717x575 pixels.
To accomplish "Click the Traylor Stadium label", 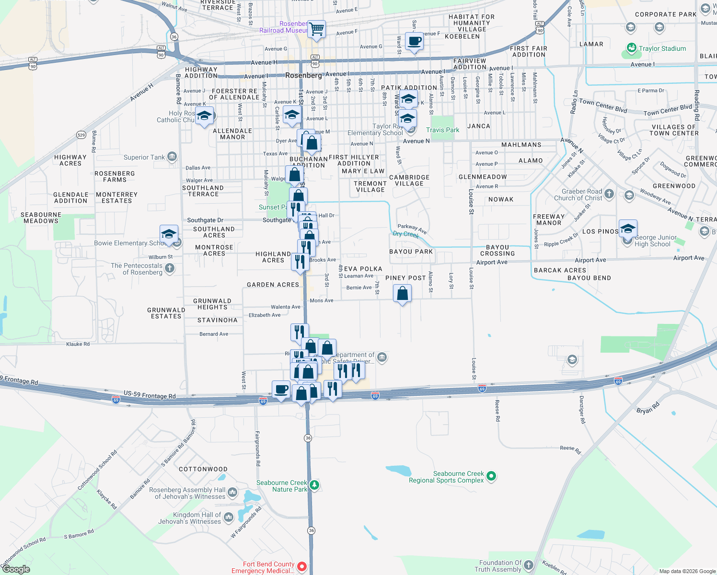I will tap(662, 48).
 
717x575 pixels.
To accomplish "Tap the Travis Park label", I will tap(442, 130).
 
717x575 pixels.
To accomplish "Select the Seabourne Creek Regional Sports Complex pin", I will tap(491, 476).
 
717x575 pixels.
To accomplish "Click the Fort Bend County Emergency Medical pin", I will tap(302, 567).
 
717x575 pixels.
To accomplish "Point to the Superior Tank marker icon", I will tap(172, 157).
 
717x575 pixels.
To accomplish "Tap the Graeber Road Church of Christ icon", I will tap(609, 194).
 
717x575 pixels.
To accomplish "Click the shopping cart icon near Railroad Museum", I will tap(316, 29).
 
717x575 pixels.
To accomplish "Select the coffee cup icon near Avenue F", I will tap(414, 41).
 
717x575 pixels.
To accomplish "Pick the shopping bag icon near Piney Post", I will tap(402, 293).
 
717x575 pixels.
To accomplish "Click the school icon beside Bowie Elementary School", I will tap(169, 234).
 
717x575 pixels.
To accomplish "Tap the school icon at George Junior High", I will tap(627, 229).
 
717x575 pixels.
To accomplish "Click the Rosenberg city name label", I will tap(303, 76).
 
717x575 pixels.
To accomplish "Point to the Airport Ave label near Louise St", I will tap(492, 263).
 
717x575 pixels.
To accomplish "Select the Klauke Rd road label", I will tap(78, 344).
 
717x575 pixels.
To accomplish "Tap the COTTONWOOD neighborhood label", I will tap(203, 469).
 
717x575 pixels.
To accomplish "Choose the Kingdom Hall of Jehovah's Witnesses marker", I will tap(229, 517).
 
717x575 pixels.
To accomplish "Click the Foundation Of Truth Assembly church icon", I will tap(529, 565).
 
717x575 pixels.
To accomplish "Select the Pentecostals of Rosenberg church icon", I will tap(170, 268).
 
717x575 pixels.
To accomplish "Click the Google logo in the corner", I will tap(16, 569).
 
